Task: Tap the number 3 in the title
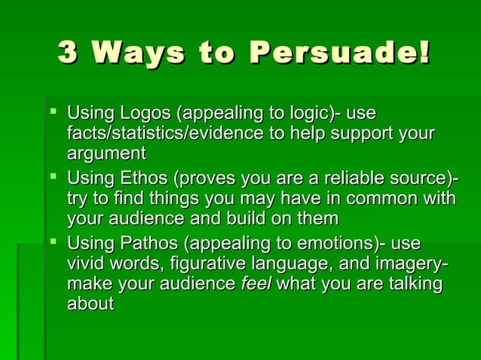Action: (68, 53)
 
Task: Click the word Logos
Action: (143, 114)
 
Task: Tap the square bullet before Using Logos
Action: (52, 113)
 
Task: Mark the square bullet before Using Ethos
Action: (52, 178)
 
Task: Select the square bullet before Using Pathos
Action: (52, 243)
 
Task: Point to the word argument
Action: (106, 154)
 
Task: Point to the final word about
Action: (90, 304)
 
